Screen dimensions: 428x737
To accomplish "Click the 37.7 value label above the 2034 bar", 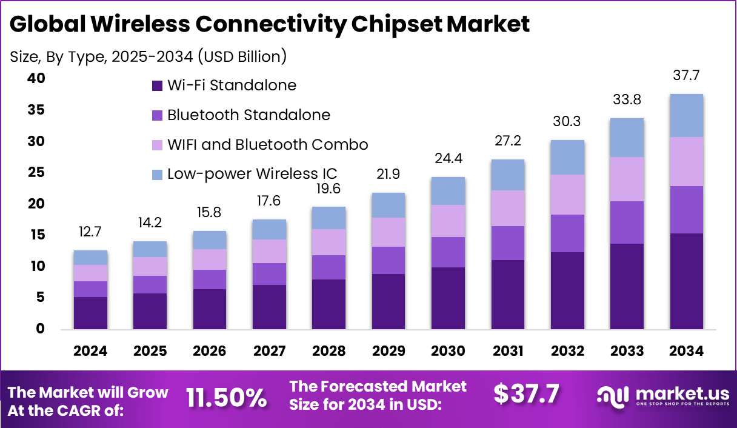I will pyautogui.click(x=686, y=76).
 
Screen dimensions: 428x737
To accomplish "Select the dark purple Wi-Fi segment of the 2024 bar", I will pyautogui.click(x=90, y=313).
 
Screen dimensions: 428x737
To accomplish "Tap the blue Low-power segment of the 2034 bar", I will pyautogui.click(x=686, y=115).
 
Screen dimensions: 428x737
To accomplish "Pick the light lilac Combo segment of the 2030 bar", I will pyautogui.click(x=448, y=221).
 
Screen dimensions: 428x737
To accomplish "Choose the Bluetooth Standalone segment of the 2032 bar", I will pyautogui.click(x=567, y=233).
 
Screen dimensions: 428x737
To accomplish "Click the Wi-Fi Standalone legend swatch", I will pyautogui.click(x=158, y=85).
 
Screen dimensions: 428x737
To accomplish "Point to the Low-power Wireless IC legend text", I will pyautogui.click(x=252, y=174).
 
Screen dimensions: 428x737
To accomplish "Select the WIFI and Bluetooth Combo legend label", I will pyautogui.click(x=267, y=145).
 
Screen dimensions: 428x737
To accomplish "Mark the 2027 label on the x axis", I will pyautogui.click(x=269, y=352).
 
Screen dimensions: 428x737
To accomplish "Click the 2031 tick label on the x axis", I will pyautogui.click(x=508, y=352).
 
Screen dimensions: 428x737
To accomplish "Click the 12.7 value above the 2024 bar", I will pyautogui.click(x=90, y=232).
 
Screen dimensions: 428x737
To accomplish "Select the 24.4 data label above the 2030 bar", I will pyautogui.click(x=448, y=159).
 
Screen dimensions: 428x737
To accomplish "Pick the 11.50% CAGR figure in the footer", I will pyautogui.click(x=226, y=398).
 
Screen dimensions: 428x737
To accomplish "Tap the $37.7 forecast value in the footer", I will pyautogui.click(x=526, y=394).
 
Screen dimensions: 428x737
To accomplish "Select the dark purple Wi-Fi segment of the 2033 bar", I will pyautogui.click(x=627, y=286).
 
